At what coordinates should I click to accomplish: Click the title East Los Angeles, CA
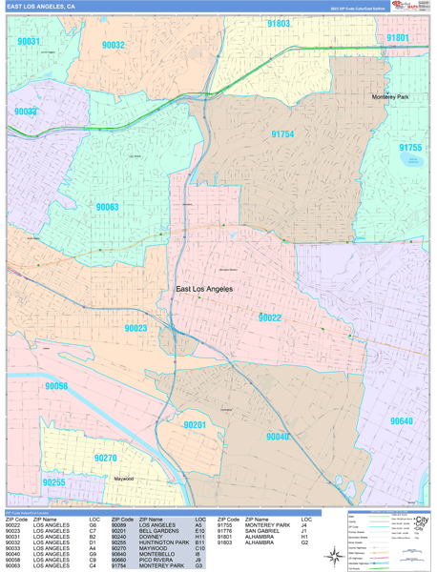click(42, 6)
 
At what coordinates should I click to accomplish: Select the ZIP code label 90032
click(114, 45)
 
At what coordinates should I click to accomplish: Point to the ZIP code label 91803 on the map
click(279, 23)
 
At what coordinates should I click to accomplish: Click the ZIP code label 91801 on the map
click(397, 38)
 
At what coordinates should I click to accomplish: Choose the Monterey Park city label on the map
click(390, 97)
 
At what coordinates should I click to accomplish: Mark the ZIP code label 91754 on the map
click(282, 135)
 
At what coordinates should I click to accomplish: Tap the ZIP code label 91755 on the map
click(410, 148)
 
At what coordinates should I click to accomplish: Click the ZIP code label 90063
click(107, 207)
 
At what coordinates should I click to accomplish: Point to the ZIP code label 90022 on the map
click(269, 317)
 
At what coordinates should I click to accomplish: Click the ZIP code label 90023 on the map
click(135, 328)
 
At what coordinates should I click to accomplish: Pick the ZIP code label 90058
click(56, 386)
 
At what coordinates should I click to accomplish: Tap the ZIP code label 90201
click(195, 424)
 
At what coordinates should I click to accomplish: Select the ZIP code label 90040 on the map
click(278, 437)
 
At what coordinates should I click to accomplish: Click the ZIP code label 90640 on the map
click(402, 420)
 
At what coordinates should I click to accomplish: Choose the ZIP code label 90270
click(105, 459)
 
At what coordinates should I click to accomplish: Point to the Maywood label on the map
click(124, 479)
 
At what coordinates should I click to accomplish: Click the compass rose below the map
click(335, 556)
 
